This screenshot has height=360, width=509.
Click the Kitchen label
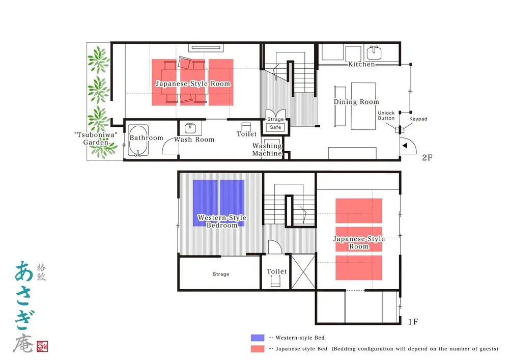click(x=361, y=64)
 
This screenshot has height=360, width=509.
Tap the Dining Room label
click(x=356, y=102)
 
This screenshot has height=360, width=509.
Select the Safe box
click(x=275, y=127)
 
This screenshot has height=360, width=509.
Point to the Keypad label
click(x=418, y=119)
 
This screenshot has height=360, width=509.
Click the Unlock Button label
click(x=386, y=116)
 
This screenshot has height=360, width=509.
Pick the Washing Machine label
click(x=267, y=150)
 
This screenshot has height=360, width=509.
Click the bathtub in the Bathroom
click(x=138, y=141)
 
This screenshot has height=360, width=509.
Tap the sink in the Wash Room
click(x=190, y=128)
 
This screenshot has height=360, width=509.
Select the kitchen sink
click(x=374, y=53)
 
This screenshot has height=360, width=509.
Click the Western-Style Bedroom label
click(x=222, y=221)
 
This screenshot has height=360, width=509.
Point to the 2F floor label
click(x=427, y=157)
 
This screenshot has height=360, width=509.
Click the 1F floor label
click(x=413, y=322)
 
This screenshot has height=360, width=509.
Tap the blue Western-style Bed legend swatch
click(x=258, y=338)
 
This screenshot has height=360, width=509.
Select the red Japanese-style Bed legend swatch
click(x=258, y=349)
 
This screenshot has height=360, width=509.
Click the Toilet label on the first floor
click(x=276, y=271)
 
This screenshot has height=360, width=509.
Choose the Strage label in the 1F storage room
click(x=221, y=274)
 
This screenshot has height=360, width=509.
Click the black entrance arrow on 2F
click(x=405, y=146)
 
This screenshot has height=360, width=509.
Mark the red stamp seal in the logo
click(x=42, y=346)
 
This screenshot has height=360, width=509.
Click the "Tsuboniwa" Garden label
click(x=96, y=139)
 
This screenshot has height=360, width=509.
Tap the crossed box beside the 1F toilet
click(x=303, y=272)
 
